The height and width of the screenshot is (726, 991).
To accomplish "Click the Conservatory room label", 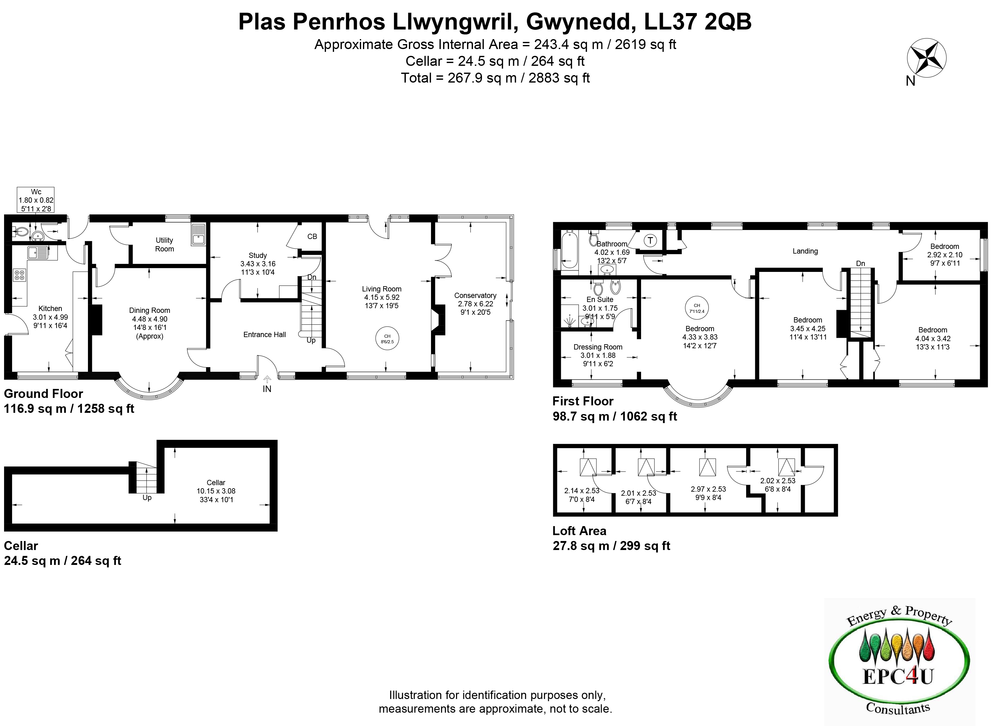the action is click(x=475, y=295).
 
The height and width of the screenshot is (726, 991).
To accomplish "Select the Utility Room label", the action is click(x=164, y=244).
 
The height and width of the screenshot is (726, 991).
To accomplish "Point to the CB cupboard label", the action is click(x=312, y=237).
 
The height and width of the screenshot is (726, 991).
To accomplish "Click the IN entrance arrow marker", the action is click(x=267, y=384).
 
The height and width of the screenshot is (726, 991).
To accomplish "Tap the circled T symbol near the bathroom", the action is click(x=650, y=240).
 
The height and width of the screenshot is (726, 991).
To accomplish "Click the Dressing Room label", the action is click(x=598, y=347).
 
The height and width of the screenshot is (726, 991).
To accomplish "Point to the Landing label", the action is click(x=805, y=251).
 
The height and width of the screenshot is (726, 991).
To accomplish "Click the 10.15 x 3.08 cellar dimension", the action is click(x=216, y=491).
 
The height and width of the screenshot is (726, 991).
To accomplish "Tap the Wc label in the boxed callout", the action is click(x=36, y=192).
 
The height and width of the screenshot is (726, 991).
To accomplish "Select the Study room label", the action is click(x=258, y=255).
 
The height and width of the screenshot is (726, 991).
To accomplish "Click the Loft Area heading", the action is click(x=579, y=531).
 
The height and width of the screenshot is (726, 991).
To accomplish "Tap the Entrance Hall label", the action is click(x=264, y=334).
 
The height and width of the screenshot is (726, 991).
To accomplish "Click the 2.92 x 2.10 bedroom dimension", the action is click(x=944, y=255).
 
